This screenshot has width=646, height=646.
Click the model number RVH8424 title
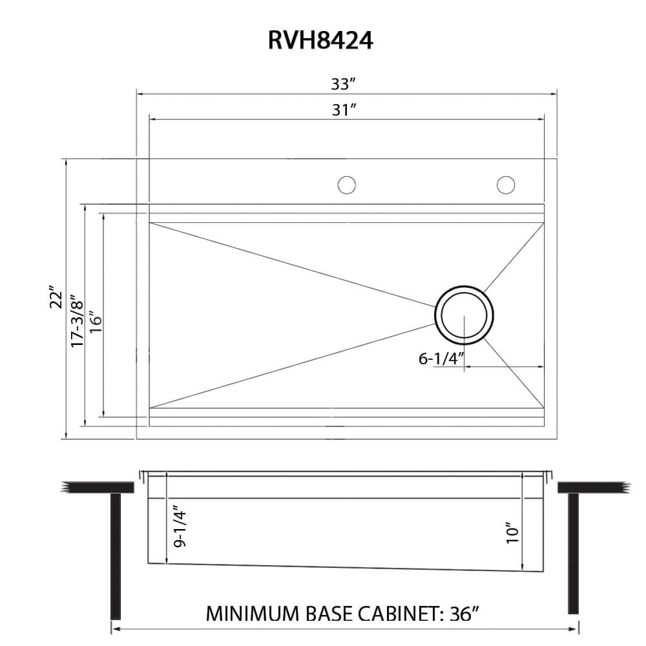[320, 40]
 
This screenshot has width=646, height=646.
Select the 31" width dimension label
[345, 110]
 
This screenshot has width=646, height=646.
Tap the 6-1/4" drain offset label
[441, 359]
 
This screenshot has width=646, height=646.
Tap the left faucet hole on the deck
[347, 185]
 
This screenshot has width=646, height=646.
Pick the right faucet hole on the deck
[506, 185]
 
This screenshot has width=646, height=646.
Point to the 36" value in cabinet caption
[464, 613]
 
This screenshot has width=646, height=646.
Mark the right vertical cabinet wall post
[573, 553]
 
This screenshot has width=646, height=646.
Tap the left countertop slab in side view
[97, 486]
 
